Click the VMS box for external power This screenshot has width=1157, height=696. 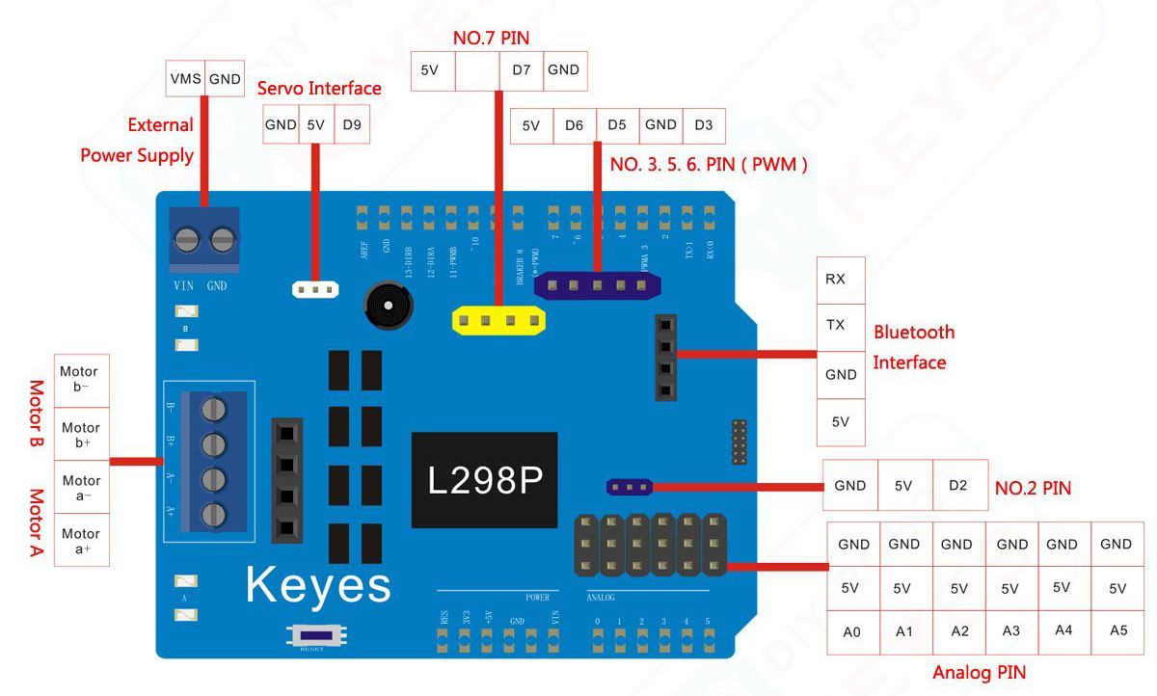click(185, 79)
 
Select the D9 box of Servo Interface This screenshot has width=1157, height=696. click(351, 124)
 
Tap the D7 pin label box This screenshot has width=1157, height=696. click(521, 69)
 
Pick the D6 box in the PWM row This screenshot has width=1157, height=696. click(575, 125)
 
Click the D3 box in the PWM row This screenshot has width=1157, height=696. click(704, 125)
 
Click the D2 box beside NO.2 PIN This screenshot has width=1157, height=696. click(957, 486)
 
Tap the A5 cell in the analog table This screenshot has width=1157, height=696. click(1117, 630)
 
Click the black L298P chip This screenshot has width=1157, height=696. click(484, 480)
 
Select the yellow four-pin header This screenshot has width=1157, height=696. click(498, 320)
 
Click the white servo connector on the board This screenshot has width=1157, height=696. click(314, 288)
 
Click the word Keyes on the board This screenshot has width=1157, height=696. click(318, 584)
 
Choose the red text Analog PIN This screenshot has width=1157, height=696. click(979, 672)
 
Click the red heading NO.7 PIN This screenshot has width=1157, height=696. click(491, 39)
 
